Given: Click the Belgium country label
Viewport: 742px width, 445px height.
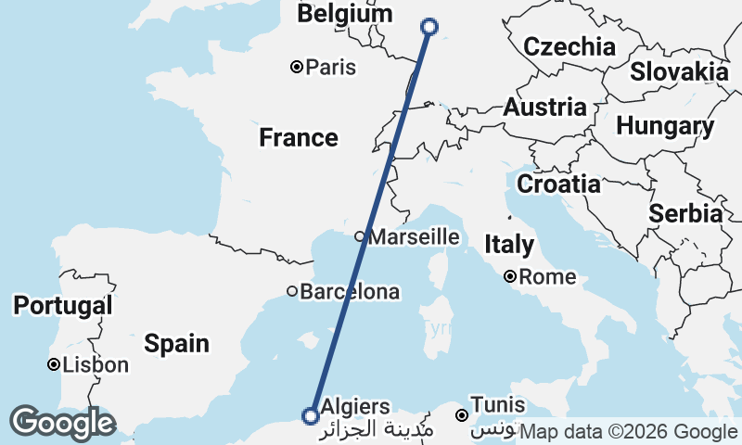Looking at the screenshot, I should coord(344,15).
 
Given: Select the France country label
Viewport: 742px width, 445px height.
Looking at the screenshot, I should coord(298,138).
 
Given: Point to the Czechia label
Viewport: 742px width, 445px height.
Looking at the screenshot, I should coord(569,47).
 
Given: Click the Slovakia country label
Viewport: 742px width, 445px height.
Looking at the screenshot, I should coord(679,71).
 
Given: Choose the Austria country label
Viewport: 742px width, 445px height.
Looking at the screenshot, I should coord(544,108).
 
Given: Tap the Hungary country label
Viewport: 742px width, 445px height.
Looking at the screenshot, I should coord(665,126).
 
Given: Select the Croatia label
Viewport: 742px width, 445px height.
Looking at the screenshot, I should coord(558,184).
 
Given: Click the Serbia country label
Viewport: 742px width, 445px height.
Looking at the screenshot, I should coord(685,213).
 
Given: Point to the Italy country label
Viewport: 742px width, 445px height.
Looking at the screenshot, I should coord(509,245).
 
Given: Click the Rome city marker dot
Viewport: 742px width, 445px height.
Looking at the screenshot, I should coord(510,276).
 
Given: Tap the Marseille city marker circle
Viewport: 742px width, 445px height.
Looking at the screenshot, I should coord(360,236).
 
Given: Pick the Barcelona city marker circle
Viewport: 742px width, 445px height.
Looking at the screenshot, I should coord(292,291).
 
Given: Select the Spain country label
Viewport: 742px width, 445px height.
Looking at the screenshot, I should coord(176,344).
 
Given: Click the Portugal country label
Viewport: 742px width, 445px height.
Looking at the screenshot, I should coord(63,305).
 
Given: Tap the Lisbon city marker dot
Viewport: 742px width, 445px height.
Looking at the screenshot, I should coord(55,365).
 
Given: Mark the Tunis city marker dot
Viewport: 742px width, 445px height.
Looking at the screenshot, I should coord(462,414).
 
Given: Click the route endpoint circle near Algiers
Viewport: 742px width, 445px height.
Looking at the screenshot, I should coord(312,415).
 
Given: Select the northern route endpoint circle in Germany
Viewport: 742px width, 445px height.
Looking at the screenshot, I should coord(430,27).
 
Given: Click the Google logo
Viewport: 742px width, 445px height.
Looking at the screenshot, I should coord(62,423).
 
